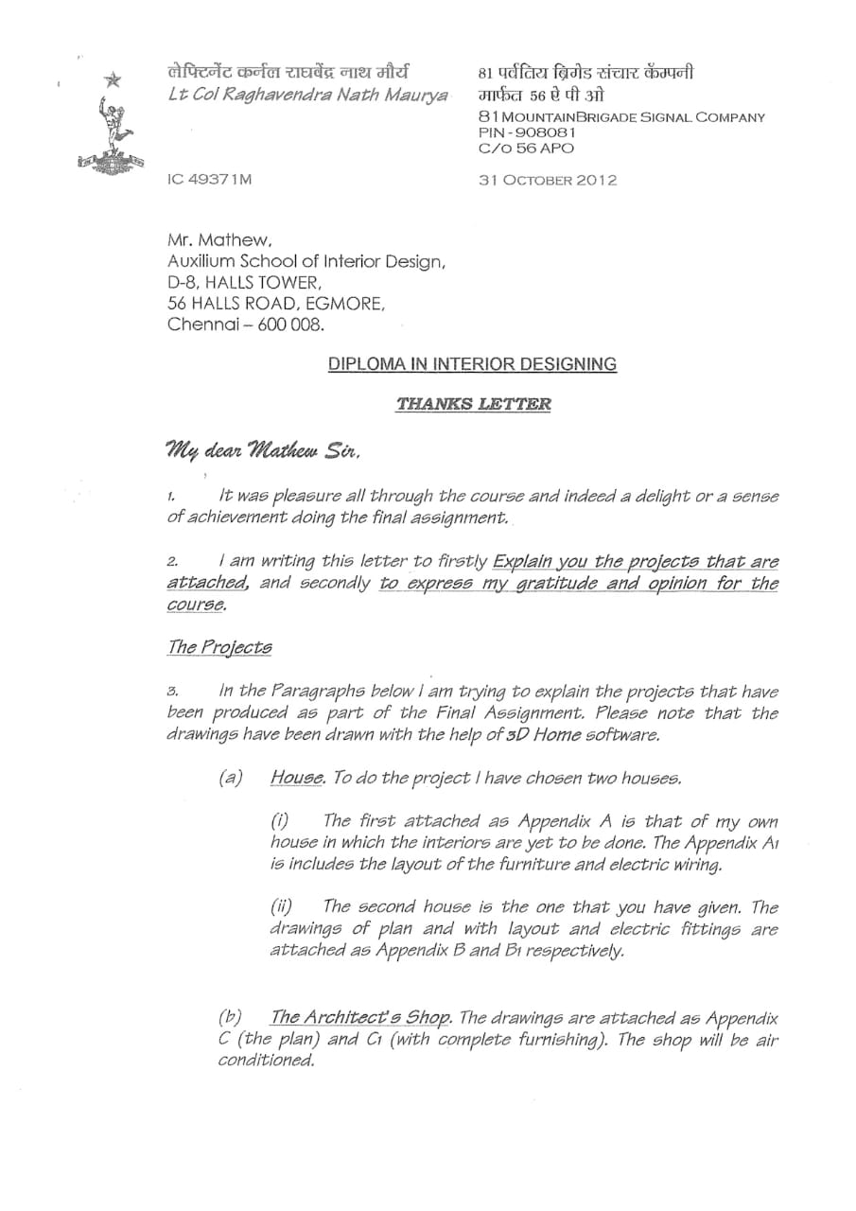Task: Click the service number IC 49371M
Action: coord(210,180)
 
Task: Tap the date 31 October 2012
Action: coord(548,180)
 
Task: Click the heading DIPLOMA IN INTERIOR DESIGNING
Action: coord(472,364)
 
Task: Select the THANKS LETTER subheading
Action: coord(473,404)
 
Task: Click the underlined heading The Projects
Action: coord(218,648)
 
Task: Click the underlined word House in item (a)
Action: coord(297,778)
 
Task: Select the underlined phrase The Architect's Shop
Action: coord(359,1018)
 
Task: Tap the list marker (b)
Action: coord(230,1018)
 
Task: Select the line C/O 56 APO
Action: coord(526,149)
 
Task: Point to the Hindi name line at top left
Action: coord(288,72)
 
